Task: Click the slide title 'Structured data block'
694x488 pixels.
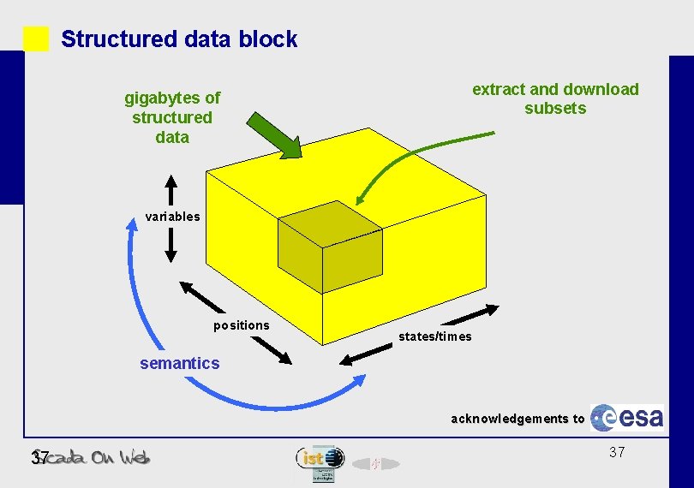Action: click(x=179, y=39)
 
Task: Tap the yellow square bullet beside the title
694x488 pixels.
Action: click(x=36, y=39)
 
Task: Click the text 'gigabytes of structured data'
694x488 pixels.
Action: click(x=172, y=117)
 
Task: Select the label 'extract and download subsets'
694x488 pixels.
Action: click(x=555, y=98)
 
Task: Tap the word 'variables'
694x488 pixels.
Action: click(x=172, y=217)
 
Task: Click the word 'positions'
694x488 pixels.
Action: click(x=242, y=325)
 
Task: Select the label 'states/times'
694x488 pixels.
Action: click(x=434, y=336)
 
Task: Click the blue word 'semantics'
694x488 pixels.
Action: click(x=179, y=363)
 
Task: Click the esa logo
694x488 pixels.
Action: click(x=629, y=417)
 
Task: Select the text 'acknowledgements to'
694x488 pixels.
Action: click(x=518, y=419)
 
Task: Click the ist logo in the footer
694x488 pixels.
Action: click(x=320, y=458)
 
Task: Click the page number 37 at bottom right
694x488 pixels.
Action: click(x=617, y=452)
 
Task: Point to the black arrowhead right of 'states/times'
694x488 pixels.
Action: click(x=490, y=309)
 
